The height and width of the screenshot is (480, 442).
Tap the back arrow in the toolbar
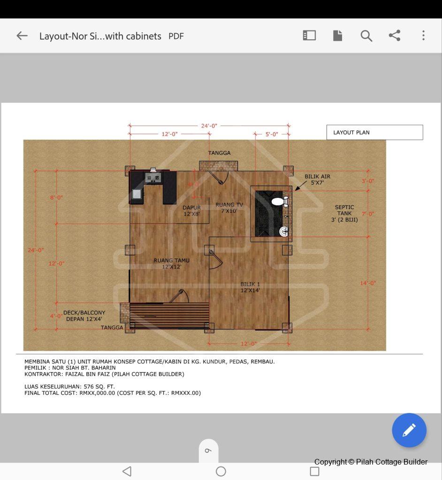point(22,36)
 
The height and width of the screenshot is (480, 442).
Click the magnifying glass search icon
point(366,36)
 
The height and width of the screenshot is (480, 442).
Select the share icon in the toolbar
point(395,36)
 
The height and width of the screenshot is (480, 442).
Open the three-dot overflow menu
point(423,36)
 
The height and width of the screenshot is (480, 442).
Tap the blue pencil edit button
point(409,430)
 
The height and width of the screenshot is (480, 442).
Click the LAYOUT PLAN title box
point(374,132)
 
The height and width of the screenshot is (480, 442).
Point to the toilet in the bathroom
point(280,202)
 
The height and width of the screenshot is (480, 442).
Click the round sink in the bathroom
point(284,232)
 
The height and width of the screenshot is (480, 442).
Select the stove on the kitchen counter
point(153,178)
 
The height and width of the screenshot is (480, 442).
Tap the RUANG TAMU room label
point(171,263)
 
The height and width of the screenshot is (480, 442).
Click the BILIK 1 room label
point(250,287)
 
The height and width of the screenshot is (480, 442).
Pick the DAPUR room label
point(191,210)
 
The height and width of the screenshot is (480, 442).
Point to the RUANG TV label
point(229,208)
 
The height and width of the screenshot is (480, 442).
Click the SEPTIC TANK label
point(344,213)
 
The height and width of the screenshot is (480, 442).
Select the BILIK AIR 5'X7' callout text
point(317,180)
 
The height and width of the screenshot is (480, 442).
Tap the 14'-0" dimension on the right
point(368,283)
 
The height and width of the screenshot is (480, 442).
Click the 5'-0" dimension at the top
point(272,134)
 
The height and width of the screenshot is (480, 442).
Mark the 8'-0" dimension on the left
point(56,197)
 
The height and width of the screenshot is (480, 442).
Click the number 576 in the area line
point(89,386)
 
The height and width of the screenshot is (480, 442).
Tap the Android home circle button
point(221,471)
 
